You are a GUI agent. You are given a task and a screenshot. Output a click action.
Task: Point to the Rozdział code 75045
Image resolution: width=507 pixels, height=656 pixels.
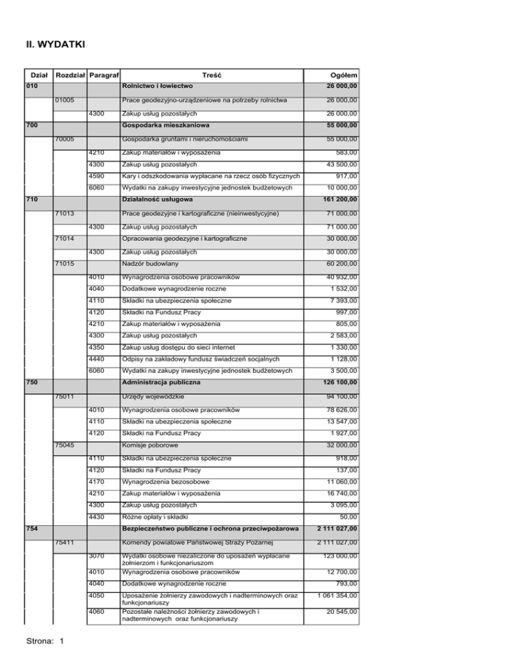(64, 444)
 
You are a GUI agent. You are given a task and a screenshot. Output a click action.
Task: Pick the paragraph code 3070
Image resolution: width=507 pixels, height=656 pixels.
(96, 556)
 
